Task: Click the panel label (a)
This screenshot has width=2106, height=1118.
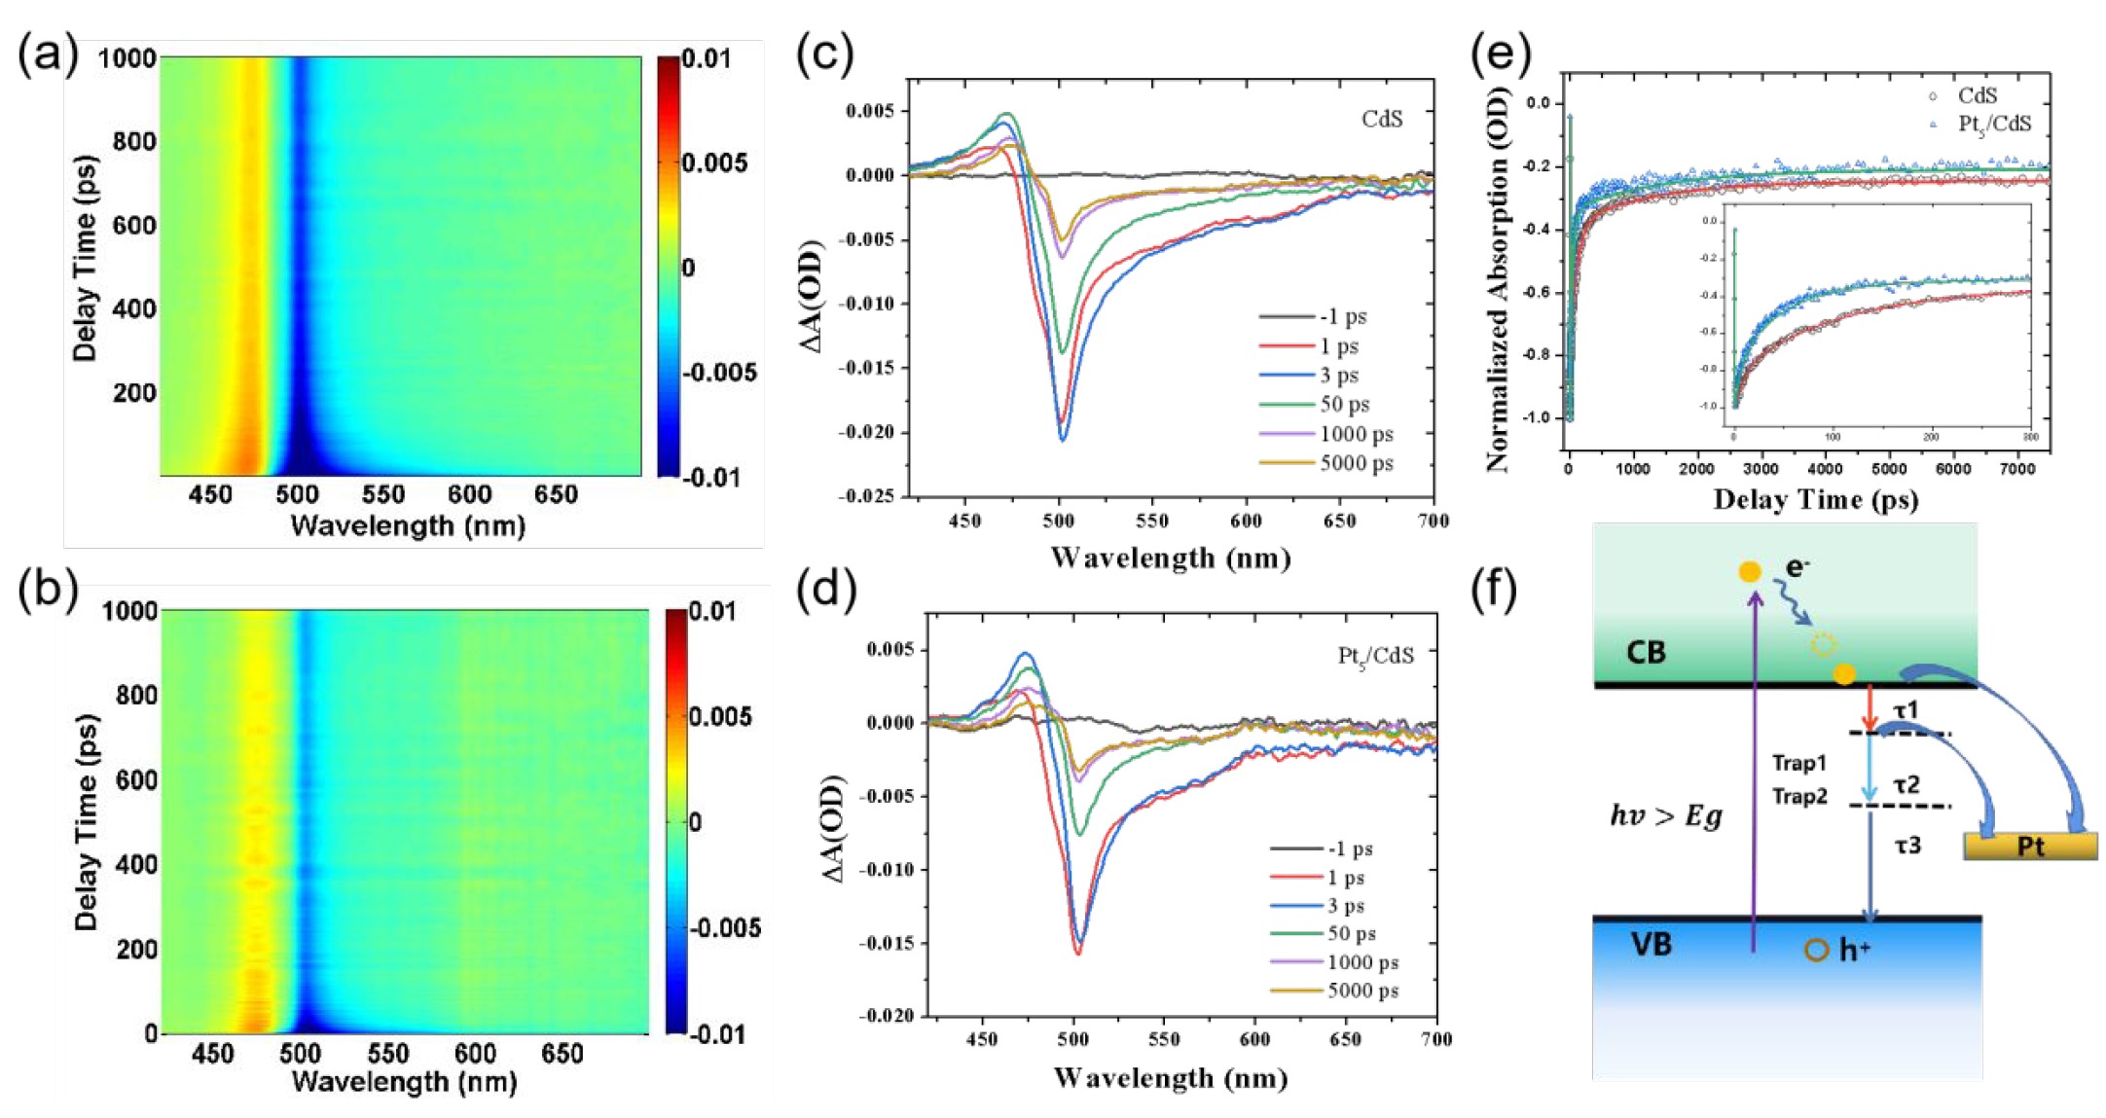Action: [47, 56]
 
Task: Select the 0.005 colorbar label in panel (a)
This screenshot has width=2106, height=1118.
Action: [715, 162]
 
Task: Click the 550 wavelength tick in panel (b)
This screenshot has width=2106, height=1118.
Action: [387, 1054]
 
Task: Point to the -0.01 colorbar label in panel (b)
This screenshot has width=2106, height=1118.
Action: [717, 1033]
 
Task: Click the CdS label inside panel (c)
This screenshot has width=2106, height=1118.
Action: [1382, 119]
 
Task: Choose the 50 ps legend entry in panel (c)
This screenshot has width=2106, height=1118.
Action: [1344, 404]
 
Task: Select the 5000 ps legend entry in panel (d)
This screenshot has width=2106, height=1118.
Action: [1362, 991]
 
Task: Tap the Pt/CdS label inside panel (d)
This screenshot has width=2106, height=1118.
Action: [1375, 657]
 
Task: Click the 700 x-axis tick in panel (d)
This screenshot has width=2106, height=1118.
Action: [1436, 1039]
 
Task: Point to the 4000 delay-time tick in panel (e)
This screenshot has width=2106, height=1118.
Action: [1825, 469]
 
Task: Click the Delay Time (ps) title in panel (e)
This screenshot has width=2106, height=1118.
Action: [1815, 500]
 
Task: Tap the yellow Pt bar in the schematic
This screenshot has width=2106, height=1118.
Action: [2030, 846]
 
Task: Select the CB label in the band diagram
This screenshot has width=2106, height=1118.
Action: [1646, 652]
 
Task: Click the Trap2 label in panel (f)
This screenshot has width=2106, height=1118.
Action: [1799, 797]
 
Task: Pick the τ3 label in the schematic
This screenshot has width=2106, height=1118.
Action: [1907, 846]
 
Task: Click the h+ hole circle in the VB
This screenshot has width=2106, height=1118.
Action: [1816, 950]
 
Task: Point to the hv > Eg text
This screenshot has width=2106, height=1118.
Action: [1665, 815]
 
